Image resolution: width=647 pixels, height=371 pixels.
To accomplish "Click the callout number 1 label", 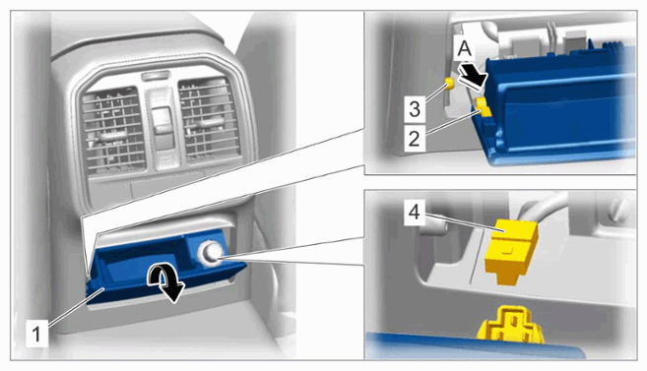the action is pyautogui.click(x=36, y=333).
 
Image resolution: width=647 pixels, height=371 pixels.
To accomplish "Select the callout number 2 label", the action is pyautogui.click(x=414, y=139).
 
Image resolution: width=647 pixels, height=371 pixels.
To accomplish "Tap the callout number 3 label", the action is pyautogui.click(x=415, y=109).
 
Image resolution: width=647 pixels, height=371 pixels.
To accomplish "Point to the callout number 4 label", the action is pyautogui.click(x=414, y=212).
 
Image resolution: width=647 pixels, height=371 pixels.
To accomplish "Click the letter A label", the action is pyautogui.click(x=465, y=49).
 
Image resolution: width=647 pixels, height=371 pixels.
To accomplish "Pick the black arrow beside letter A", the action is pyautogui.click(x=474, y=76).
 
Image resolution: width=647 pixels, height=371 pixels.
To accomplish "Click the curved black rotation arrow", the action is pyautogui.click(x=165, y=282).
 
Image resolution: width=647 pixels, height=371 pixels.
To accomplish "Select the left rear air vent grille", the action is pyautogui.click(x=112, y=129).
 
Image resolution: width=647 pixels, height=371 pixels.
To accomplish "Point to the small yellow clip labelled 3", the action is pyautogui.click(x=449, y=84).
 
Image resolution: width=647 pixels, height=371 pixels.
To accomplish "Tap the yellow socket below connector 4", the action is pyautogui.click(x=511, y=325).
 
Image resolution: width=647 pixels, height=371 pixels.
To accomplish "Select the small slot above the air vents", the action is pyautogui.click(x=156, y=76).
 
